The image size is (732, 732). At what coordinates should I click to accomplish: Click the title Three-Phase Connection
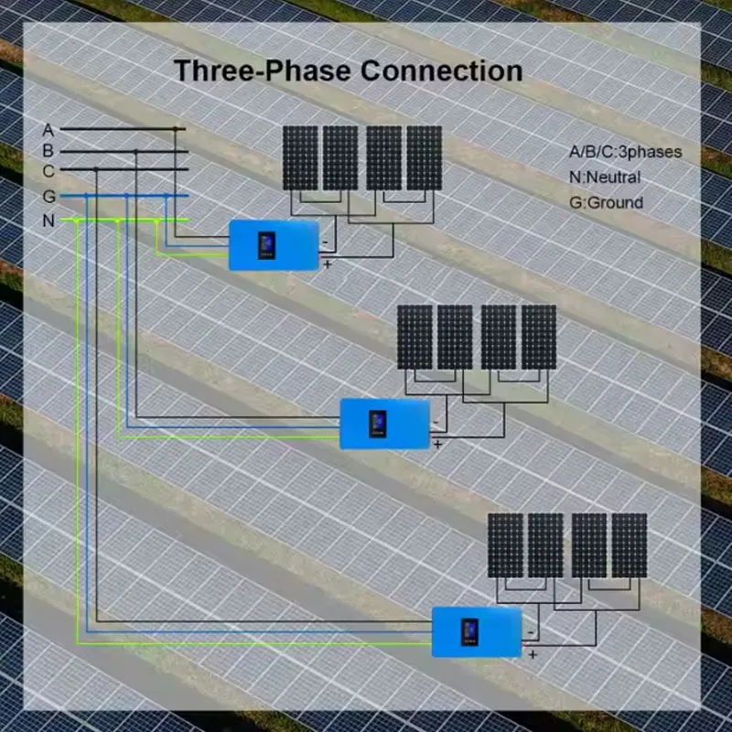[x=349, y=70]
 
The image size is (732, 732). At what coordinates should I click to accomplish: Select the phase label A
[x=48, y=130]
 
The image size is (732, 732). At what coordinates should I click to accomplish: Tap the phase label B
[x=48, y=151]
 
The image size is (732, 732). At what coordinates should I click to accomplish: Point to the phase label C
[x=48, y=171]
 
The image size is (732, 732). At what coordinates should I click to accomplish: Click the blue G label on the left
[x=48, y=196]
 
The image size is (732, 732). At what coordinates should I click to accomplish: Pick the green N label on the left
[x=48, y=221]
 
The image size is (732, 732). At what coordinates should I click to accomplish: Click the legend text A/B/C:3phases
[x=625, y=152]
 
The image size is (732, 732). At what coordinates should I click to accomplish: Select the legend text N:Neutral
[x=605, y=178]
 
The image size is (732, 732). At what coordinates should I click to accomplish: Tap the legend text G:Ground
[x=606, y=202]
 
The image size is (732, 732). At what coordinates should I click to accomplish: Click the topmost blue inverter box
[x=274, y=245]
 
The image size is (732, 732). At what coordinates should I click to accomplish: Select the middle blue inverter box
[x=384, y=424]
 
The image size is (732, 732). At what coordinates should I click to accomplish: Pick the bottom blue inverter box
[x=477, y=631]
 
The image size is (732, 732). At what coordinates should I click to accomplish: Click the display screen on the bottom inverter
[x=470, y=630]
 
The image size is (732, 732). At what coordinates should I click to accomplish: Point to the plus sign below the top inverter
[x=328, y=265]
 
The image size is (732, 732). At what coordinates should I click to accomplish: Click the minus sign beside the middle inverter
[x=437, y=423]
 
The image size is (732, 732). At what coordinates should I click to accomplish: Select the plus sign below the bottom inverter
[x=532, y=655]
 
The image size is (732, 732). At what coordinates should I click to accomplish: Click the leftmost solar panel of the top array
[x=300, y=158]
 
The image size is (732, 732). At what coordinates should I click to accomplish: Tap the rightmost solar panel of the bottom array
[x=630, y=545]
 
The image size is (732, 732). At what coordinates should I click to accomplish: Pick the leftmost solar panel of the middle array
[x=414, y=337]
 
